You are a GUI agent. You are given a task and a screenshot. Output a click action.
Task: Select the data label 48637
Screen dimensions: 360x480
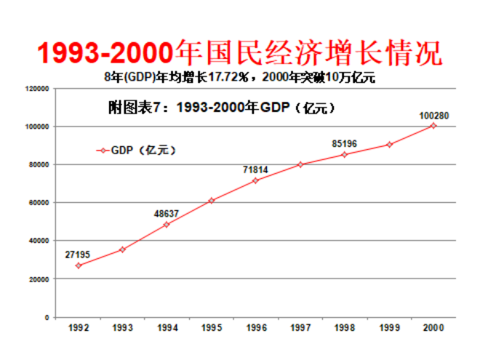point(167,214)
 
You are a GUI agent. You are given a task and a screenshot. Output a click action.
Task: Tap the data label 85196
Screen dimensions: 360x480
point(344,144)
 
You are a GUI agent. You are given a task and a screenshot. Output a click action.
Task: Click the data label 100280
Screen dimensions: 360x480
point(433,115)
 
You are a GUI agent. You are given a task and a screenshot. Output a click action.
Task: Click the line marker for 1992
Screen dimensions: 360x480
point(79,265)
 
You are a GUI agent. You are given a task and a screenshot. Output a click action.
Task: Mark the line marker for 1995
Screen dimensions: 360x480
point(212,200)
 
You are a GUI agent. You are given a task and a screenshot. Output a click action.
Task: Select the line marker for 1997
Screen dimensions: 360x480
point(300,164)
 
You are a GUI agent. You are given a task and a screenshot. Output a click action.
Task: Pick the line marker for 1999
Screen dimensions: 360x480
point(389,145)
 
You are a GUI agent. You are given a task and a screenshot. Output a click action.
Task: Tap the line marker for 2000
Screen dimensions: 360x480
point(433,125)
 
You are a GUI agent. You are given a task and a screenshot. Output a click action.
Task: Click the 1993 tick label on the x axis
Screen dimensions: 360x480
point(123,329)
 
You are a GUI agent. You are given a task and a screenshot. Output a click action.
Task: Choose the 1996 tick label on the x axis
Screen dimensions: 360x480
point(256,329)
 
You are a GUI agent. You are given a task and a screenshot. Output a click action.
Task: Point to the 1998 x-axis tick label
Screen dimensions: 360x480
point(345,329)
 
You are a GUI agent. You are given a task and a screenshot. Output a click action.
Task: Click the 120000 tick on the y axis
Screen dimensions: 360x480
point(36,89)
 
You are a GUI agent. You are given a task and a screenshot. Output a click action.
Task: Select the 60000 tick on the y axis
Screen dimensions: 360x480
point(39,203)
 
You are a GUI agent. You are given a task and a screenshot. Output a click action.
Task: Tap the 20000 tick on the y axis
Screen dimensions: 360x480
point(39,279)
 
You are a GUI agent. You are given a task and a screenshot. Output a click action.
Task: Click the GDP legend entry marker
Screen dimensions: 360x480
point(103,151)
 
